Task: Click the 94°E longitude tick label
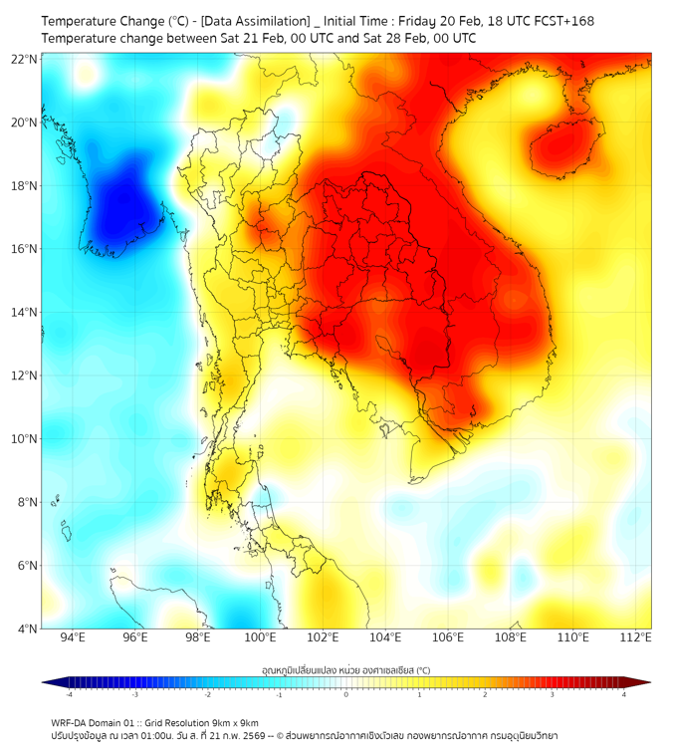click(72, 637)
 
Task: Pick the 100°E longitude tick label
click(260, 637)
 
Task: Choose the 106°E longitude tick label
click(449, 637)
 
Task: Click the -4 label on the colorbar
click(68, 694)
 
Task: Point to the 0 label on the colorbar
click(346, 694)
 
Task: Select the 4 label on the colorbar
click(624, 694)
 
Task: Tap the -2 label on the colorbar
click(207, 694)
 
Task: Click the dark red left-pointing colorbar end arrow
click(642, 682)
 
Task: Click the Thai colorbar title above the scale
click(345, 670)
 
